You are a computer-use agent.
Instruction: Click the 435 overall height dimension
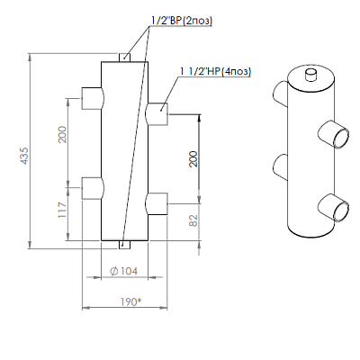(x=25, y=155)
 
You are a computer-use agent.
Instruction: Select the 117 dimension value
(x=62, y=210)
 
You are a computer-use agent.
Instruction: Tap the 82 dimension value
(x=193, y=220)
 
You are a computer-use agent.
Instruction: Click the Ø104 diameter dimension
(x=124, y=271)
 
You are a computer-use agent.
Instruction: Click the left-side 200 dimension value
(x=62, y=134)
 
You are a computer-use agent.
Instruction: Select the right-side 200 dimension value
(x=193, y=158)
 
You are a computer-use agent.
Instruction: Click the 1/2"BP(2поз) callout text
(x=182, y=21)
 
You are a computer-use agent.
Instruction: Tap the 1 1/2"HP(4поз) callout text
(x=215, y=71)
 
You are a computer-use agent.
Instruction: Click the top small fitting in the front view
(x=124, y=58)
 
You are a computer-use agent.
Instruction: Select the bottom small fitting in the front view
(x=124, y=245)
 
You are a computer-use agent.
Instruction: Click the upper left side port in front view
(x=93, y=98)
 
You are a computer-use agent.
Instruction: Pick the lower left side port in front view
(x=93, y=188)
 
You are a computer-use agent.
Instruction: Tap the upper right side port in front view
(x=157, y=114)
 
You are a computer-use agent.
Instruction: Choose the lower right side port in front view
(x=157, y=204)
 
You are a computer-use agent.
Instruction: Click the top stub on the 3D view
(x=310, y=75)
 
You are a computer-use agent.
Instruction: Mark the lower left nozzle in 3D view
(x=281, y=167)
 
